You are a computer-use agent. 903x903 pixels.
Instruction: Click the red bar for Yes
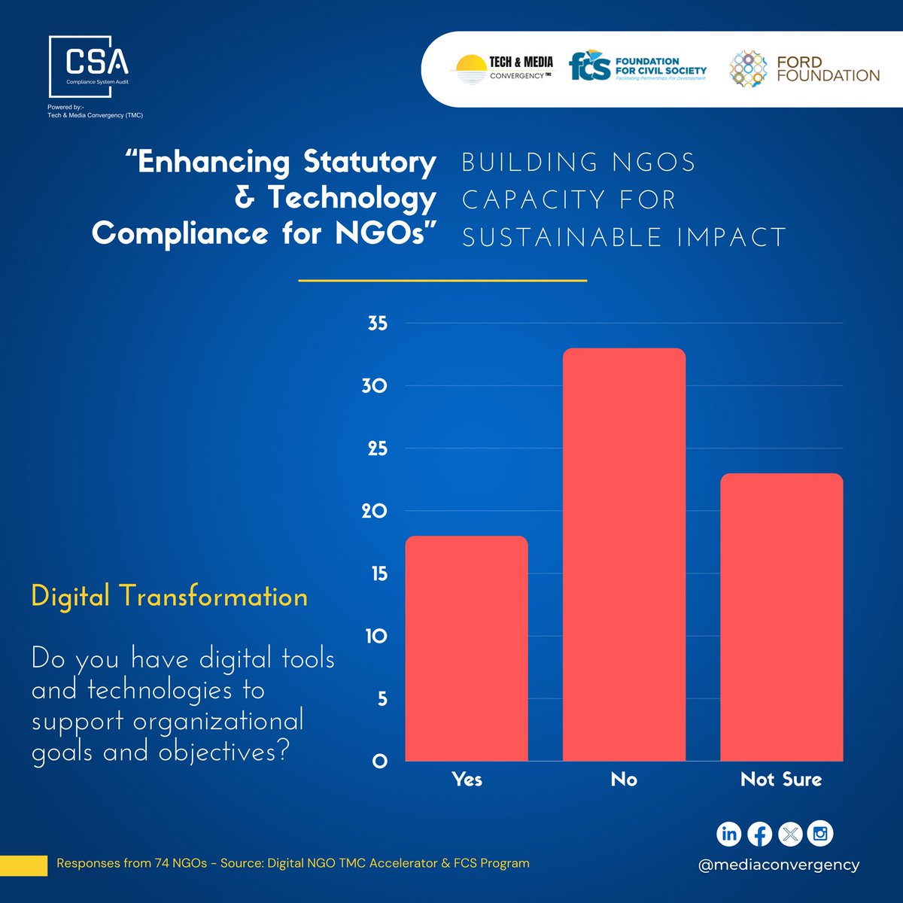[x=467, y=648]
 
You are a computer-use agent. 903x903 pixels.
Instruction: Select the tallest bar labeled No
[x=624, y=555]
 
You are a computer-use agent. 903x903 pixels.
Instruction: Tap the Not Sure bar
[x=781, y=617]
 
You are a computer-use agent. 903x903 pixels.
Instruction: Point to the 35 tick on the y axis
[x=378, y=324]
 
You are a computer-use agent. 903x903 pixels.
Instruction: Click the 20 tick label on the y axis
[x=375, y=511]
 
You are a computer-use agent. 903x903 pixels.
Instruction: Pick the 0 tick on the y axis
[x=380, y=762]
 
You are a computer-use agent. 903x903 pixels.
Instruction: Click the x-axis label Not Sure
[x=781, y=780]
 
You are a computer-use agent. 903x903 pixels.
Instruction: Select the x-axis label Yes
[x=467, y=780]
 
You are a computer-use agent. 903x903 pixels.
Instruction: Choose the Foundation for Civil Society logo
[x=637, y=67]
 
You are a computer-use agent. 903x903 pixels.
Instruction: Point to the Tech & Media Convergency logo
[x=503, y=68]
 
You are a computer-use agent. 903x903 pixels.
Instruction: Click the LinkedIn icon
[x=728, y=834]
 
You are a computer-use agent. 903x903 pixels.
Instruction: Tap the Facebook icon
[x=759, y=834]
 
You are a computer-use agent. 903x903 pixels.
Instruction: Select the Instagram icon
[x=820, y=834]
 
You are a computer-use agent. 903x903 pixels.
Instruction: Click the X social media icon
[x=789, y=834]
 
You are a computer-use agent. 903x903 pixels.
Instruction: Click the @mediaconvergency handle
[x=778, y=865]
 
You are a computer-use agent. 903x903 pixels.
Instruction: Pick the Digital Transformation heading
[x=169, y=597]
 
